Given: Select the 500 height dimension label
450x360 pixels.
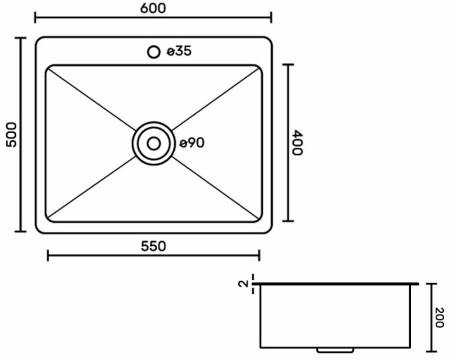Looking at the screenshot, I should coord(11,134).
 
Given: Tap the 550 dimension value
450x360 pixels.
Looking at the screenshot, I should coord(154,246).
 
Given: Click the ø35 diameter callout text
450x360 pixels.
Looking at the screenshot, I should coord(179,52).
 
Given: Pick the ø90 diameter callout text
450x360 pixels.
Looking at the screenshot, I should coord(192,143).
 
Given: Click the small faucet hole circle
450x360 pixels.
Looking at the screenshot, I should coord(154,52).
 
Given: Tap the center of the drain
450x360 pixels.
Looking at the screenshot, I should coord(154,143).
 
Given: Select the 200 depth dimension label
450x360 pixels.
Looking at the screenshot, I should coord(440,319).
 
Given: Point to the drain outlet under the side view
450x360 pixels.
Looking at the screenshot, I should coord(335,349).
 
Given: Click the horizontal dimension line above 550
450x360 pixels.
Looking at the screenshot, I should coord(154,256).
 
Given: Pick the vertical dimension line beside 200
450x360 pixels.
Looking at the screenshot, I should coord(432,317).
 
